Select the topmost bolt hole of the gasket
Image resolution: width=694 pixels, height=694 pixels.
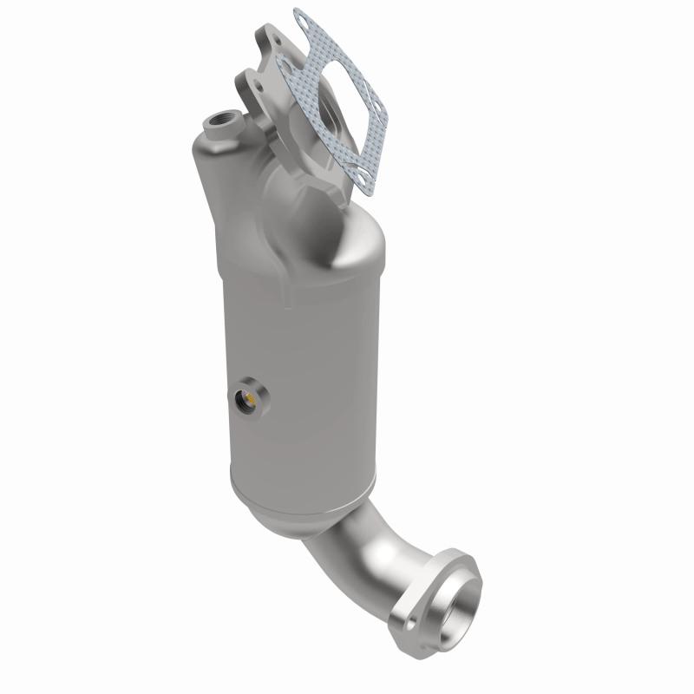[x=301, y=16]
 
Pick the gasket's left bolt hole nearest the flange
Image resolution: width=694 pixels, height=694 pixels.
[x=284, y=61]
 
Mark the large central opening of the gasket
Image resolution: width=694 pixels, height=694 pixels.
[x=333, y=95]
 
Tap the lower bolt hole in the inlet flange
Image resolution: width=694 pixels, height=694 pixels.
[x=246, y=87]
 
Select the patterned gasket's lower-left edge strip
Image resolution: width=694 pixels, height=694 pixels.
[x=325, y=147]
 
